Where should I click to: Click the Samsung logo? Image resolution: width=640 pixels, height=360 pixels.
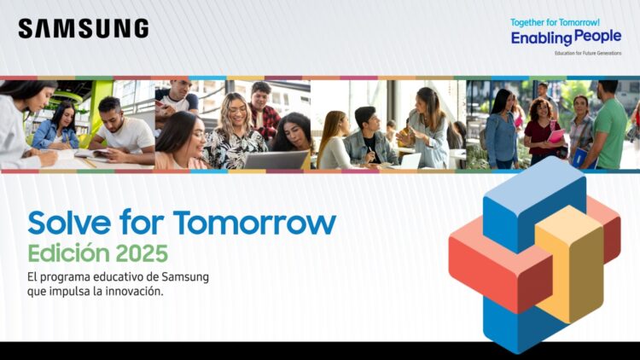[x=83, y=29]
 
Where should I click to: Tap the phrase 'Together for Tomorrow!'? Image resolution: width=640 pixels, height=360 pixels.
[x=555, y=22]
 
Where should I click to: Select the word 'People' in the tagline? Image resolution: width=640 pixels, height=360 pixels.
[x=597, y=38]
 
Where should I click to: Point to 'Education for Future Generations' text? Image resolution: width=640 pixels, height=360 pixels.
[x=587, y=53]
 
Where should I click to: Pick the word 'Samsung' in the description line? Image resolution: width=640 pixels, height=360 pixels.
[x=185, y=277]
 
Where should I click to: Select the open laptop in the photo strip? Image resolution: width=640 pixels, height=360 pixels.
[x=275, y=160]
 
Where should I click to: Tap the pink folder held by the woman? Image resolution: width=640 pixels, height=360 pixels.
[x=556, y=136]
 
